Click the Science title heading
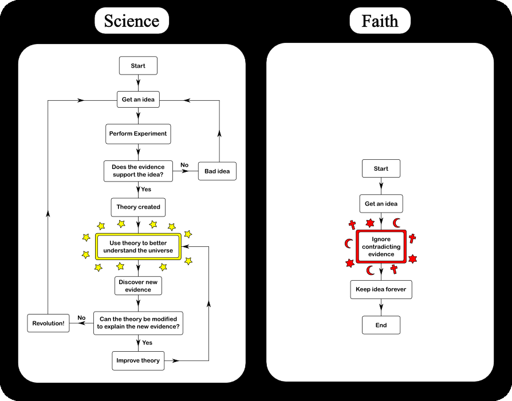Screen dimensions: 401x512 131,21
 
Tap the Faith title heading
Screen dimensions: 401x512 380,21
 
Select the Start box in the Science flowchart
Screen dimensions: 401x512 138,66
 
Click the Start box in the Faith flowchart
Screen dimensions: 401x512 381,169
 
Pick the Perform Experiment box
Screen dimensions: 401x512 138,134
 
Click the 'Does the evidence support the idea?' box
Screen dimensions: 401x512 138,171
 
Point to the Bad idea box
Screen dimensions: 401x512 217,171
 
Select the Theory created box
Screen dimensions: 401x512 138,207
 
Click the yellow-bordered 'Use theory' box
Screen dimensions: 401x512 138,247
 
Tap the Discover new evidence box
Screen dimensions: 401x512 138,286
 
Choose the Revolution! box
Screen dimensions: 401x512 48,323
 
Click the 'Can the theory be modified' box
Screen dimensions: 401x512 138,323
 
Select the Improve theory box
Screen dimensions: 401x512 138,360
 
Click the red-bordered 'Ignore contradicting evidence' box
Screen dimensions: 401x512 381,246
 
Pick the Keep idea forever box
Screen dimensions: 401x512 381,289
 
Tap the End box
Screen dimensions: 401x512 381,325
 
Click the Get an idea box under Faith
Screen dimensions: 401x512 381,204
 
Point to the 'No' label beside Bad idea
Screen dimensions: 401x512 184,165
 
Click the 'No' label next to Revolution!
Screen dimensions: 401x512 81,317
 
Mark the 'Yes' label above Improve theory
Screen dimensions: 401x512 147,343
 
